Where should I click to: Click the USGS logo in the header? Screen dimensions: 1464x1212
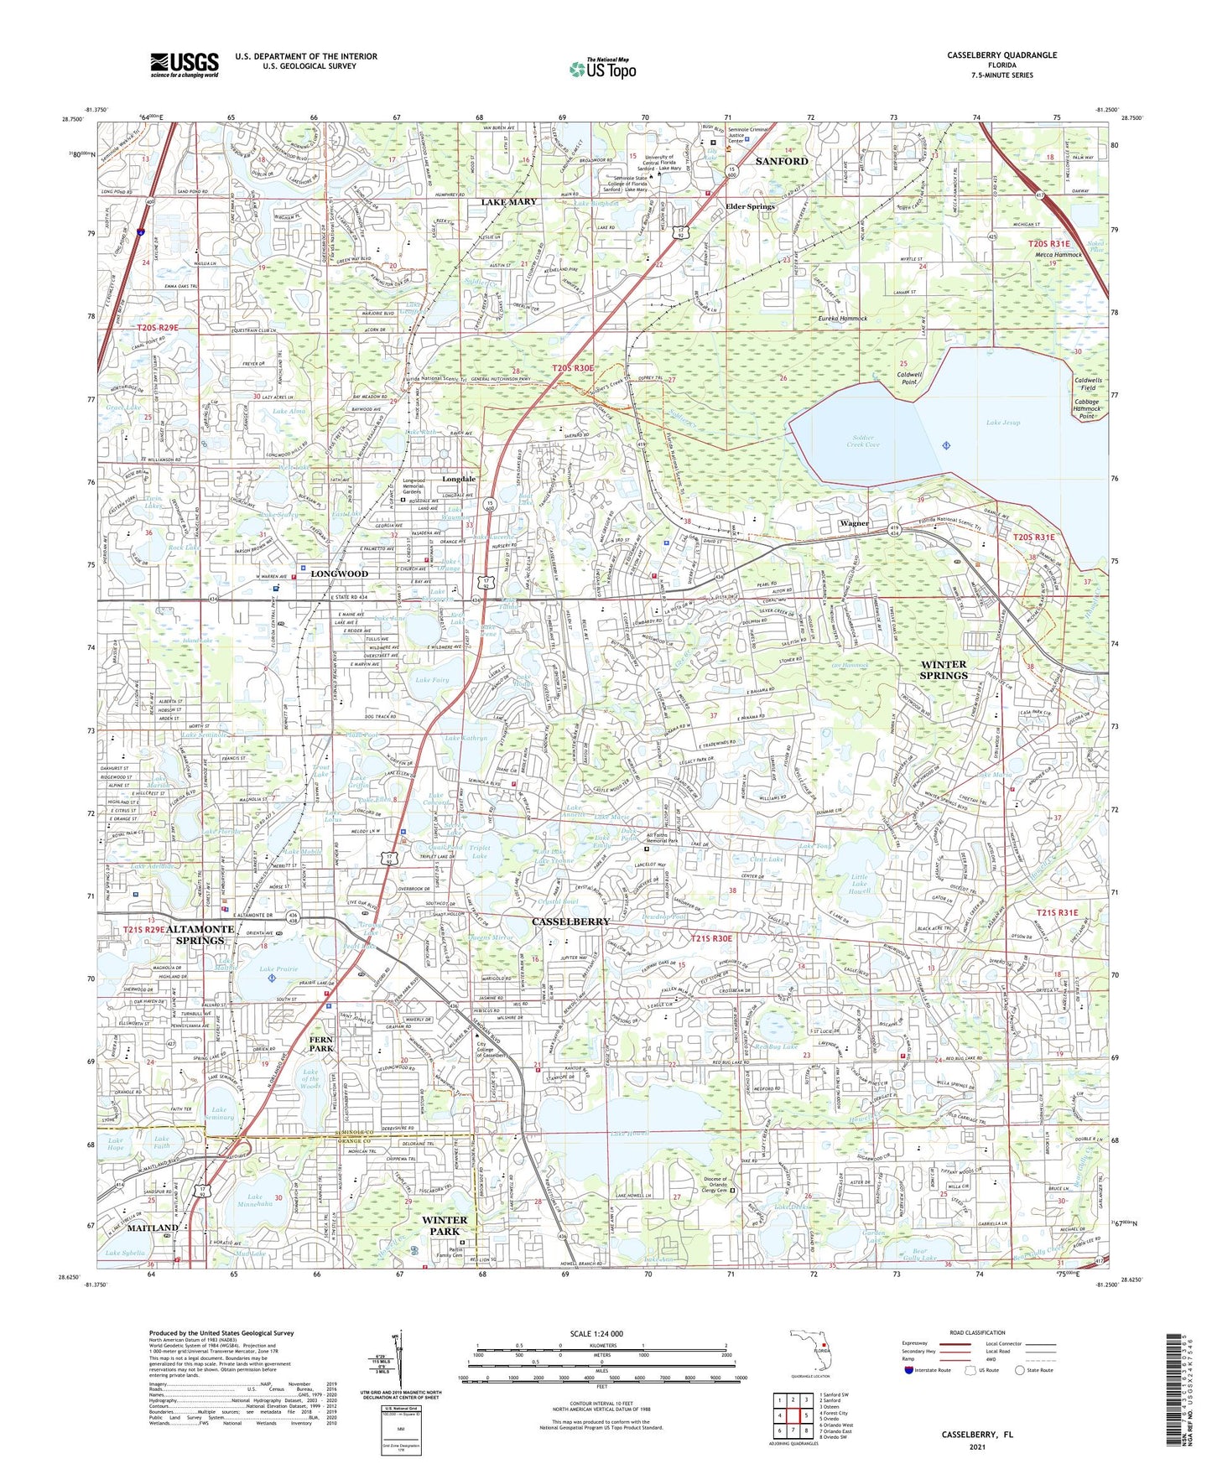[x=185, y=65]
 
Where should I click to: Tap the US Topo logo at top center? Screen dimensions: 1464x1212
[x=601, y=69]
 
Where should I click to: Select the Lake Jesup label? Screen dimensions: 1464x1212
[x=1003, y=423]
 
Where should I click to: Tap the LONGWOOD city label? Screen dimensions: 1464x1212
[x=340, y=574]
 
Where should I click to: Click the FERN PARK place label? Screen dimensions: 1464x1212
[x=321, y=1043]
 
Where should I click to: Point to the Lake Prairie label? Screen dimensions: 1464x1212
[x=278, y=969]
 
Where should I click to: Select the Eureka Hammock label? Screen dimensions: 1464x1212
[x=842, y=319]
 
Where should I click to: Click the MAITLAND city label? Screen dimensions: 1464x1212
[x=153, y=1228]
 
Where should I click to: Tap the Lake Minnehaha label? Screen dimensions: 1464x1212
[x=254, y=1202]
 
